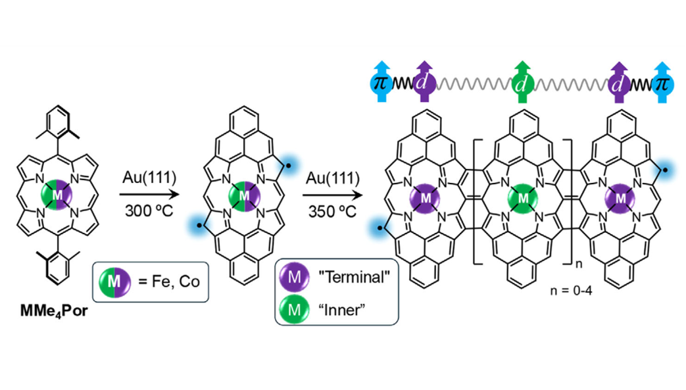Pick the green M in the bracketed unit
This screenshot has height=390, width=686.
524,196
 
